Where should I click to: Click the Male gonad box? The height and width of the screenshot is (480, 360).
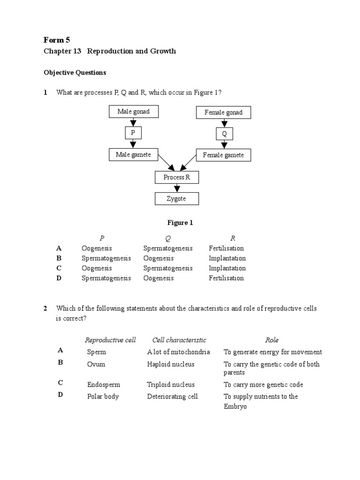(x=133, y=112)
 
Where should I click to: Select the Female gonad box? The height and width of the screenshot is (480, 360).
(x=223, y=112)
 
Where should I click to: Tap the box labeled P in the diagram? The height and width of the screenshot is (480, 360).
(x=133, y=133)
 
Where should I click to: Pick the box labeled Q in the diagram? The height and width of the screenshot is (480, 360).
(x=224, y=134)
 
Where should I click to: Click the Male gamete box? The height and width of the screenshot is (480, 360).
(x=133, y=154)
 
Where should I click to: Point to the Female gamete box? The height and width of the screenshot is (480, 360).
(x=223, y=155)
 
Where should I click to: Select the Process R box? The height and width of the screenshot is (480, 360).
(x=177, y=177)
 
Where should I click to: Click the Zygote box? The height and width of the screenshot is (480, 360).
(x=177, y=199)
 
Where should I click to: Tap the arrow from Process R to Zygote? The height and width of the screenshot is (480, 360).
(x=177, y=188)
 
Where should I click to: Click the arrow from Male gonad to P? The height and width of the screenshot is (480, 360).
(x=133, y=123)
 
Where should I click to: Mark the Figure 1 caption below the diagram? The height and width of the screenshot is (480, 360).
(x=180, y=223)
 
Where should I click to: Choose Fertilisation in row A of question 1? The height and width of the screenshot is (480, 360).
(x=226, y=248)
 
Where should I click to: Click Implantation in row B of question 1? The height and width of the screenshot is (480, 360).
(x=227, y=258)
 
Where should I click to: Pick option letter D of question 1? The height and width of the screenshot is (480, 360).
(x=59, y=278)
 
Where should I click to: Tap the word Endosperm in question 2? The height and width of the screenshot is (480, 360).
(x=103, y=385)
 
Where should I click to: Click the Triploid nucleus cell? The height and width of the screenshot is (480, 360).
(x=171, y=385)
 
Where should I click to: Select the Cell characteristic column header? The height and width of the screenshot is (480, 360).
(x=179, y=340)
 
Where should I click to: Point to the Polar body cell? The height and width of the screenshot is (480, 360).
(x=103, y=397)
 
